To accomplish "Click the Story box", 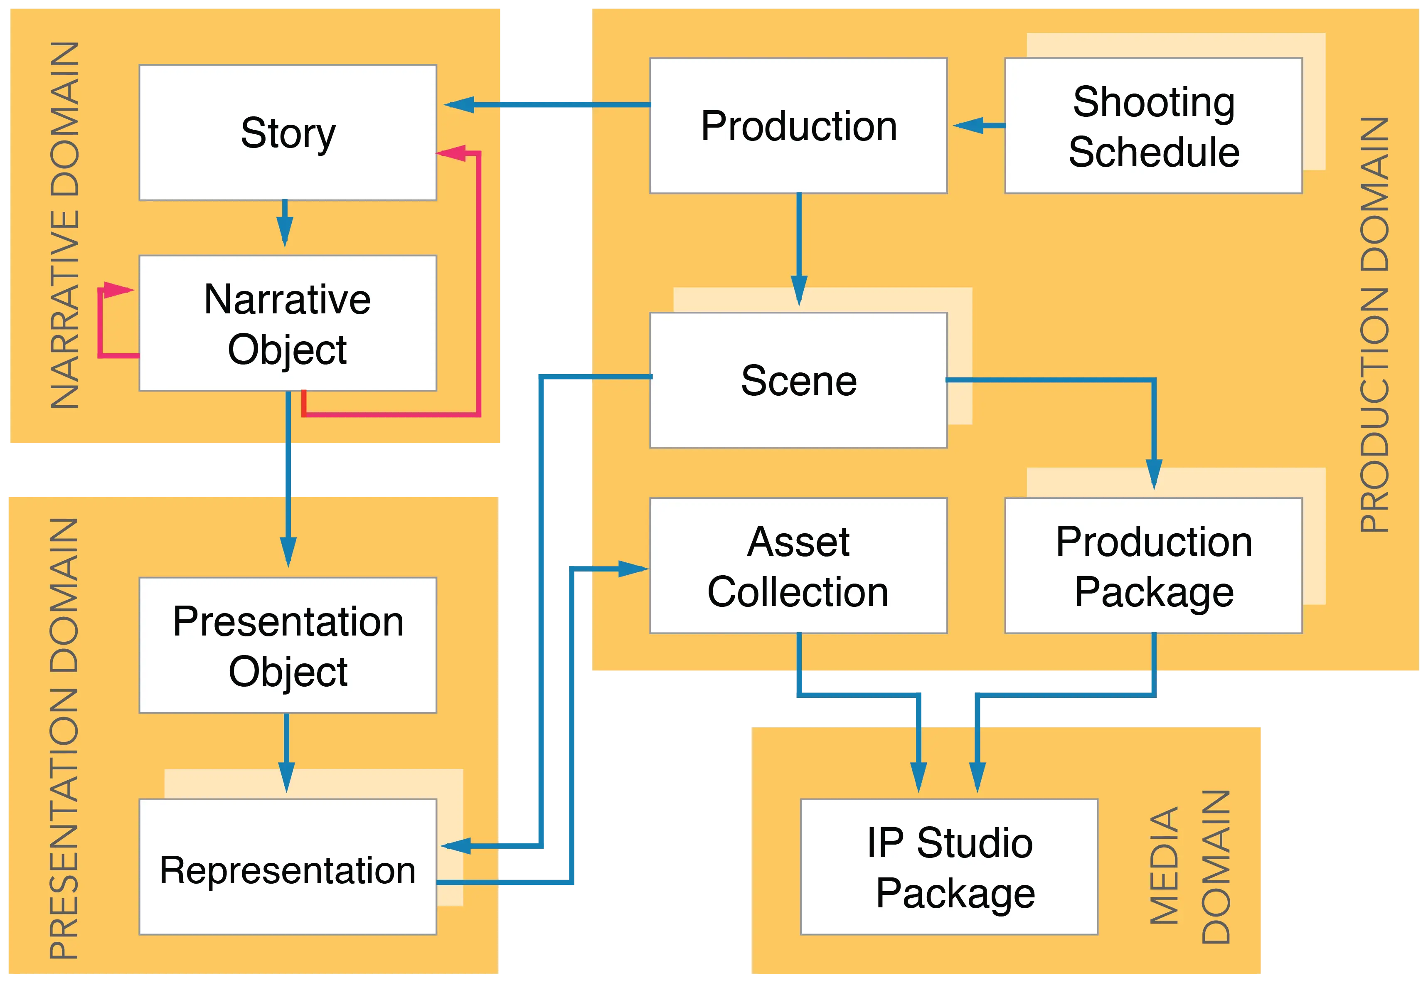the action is tap(288, 133).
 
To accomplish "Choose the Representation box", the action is tap(288, 867).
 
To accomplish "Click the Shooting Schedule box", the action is tap(1153, 126).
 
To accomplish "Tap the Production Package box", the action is tap(1153, 565).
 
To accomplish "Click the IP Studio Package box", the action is tap(949, 867).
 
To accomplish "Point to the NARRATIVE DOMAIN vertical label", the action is tap(65, 225).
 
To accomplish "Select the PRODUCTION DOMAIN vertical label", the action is tap(1374, 325).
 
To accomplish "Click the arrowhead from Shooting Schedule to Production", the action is tap(968, 126).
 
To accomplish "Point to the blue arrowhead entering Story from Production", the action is tap(459, 105).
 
